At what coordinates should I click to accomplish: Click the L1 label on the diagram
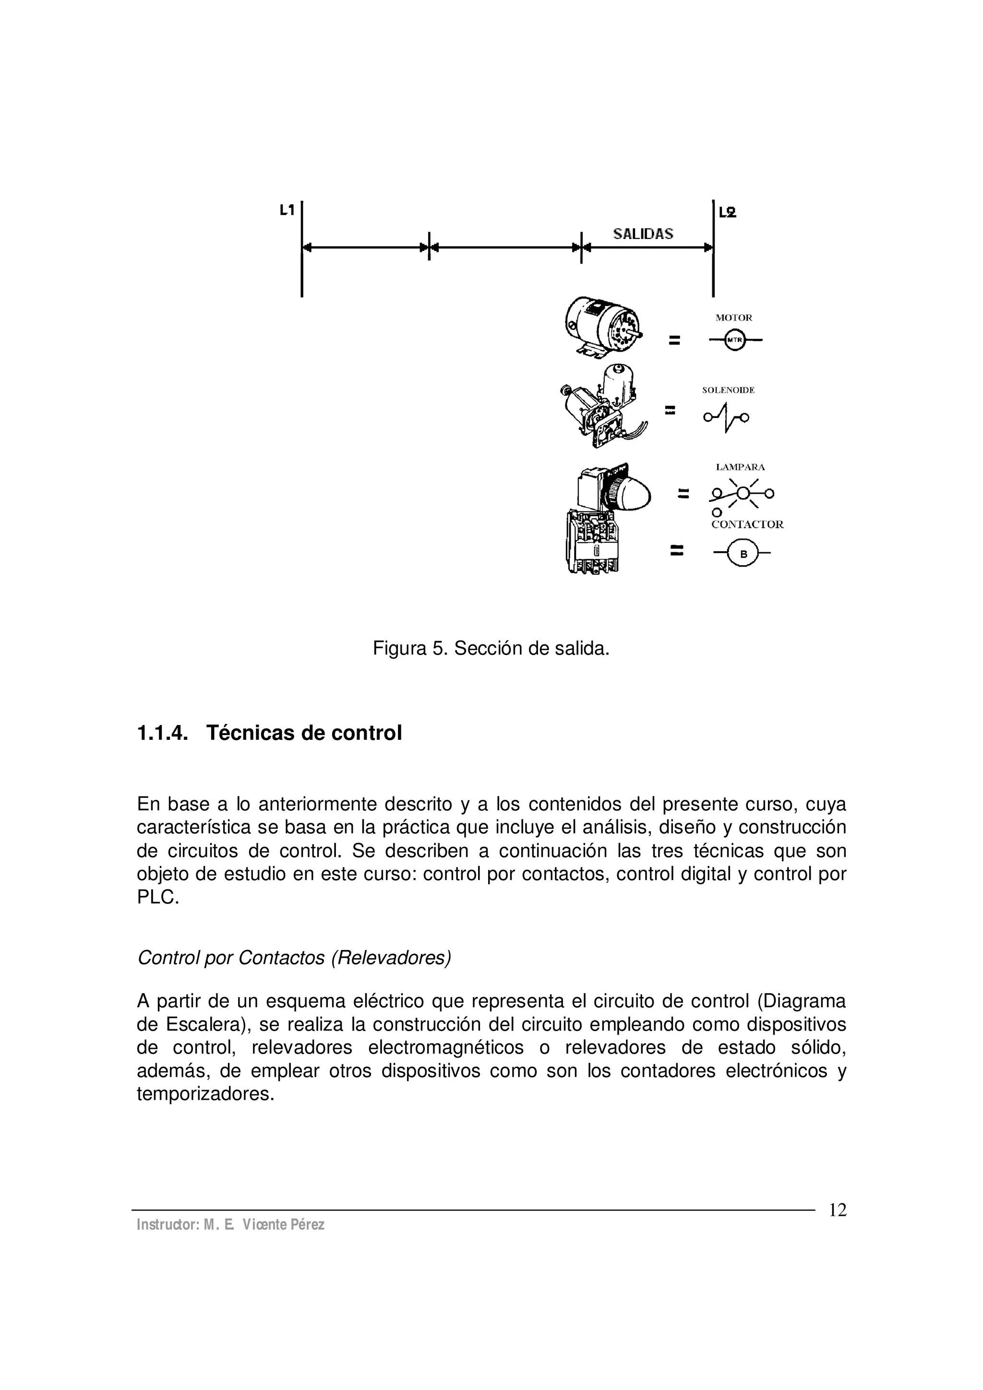point(287,210)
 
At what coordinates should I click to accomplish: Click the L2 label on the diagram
point(727,213)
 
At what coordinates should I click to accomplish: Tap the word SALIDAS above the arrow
point(643,234)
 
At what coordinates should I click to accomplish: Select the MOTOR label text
point(733,318)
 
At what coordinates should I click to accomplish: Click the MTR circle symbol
point(735,340)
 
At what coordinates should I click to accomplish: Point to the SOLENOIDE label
point(728,391)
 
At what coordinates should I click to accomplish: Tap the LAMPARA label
point(740,467)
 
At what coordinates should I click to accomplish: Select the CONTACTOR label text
point(747,525)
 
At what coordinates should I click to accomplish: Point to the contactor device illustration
point(595,541)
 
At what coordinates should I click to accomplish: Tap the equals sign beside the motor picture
point(674,341)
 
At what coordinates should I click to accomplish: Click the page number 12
point(837,1210)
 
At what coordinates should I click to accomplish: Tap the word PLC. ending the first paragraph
point(158,897)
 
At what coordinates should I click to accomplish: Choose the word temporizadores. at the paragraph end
point(205,1094)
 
